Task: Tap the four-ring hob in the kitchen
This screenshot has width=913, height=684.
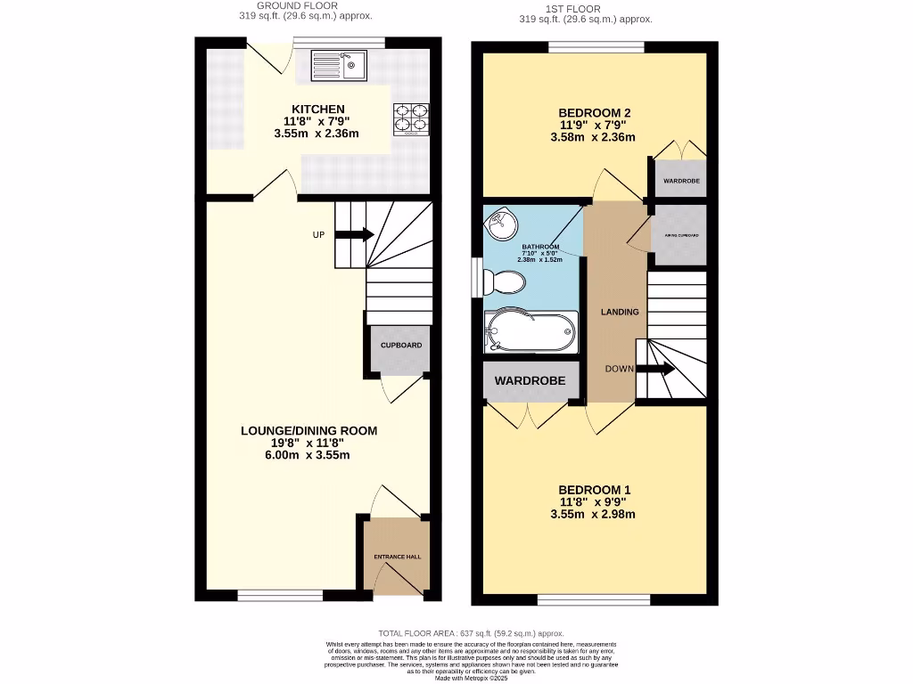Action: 411,119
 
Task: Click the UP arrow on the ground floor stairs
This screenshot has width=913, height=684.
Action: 354,234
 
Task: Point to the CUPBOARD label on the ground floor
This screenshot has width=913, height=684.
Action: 401,345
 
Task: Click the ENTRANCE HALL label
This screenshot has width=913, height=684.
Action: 397,557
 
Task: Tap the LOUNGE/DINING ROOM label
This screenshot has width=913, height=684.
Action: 308,431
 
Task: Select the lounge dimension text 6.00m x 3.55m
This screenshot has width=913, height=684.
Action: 308,455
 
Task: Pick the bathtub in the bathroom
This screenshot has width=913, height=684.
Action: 530,332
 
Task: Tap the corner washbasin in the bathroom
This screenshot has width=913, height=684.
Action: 496,220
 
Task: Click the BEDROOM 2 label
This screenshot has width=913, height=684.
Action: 594,112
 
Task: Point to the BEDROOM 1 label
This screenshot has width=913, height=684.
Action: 594,490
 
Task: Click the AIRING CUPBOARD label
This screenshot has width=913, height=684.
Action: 680,236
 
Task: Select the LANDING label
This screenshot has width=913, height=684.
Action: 620,312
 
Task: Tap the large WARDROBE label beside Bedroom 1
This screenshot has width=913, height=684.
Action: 531,381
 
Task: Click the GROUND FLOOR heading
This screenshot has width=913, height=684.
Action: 297,5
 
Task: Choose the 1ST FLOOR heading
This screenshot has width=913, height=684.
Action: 585,9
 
